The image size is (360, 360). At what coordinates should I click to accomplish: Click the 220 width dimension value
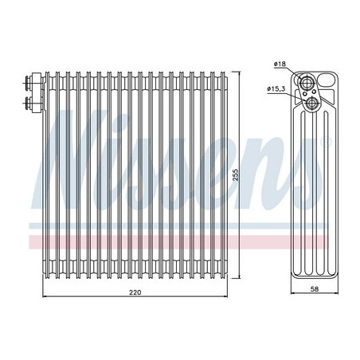click(135, 292)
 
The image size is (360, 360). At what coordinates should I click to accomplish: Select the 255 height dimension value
click(236, 174)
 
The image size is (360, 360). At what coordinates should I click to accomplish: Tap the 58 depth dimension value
click(315, 289)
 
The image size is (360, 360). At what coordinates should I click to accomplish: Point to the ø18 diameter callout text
click(280, 64)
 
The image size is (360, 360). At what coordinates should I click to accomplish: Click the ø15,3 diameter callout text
click(276, 88)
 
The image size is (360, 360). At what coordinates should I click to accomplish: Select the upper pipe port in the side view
click(307, 82)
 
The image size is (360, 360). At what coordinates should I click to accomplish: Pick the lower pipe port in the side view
click(311, 103)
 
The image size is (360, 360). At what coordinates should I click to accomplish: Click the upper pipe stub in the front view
click(28, 80)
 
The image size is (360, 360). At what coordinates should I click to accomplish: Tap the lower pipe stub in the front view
click(28, 103)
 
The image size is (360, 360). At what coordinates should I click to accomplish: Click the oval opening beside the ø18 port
click(326, 80)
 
